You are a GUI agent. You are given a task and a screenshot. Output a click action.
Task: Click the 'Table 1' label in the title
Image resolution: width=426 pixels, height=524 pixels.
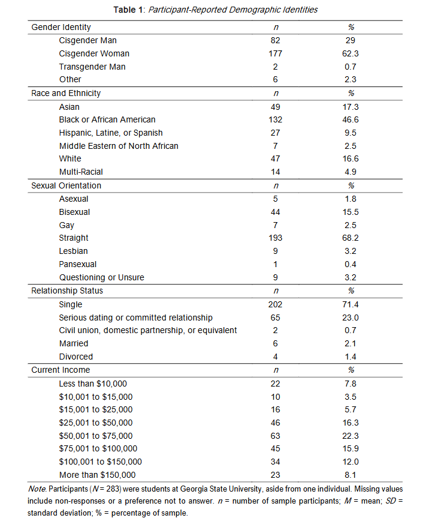tap(127, 10)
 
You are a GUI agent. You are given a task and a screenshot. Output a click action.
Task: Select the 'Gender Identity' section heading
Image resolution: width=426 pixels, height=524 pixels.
tap(61, 27)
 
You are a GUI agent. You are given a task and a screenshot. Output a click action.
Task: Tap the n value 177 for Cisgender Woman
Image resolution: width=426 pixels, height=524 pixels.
tap(276, 53)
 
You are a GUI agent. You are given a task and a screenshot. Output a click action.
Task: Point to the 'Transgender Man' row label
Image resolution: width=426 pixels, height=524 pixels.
tap(92, 67)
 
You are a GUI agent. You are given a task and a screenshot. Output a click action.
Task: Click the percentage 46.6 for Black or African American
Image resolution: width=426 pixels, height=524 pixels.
tap(351, 119)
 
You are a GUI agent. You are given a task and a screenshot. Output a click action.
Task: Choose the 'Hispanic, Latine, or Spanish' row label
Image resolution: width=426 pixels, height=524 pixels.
tap(111, 133)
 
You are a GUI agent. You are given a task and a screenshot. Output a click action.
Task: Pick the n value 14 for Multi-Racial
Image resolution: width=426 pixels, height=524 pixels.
tap(276, 172)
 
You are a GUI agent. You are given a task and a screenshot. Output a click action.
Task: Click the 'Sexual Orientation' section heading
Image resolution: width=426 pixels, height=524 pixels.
tap(67, 185)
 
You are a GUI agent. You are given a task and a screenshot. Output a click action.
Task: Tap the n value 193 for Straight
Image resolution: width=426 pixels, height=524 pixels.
tap(276, 238)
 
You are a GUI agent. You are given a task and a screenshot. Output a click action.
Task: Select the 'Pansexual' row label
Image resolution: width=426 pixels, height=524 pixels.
tap(78, 264)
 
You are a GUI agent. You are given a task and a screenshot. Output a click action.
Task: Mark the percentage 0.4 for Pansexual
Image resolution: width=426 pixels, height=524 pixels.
tap(351, 264)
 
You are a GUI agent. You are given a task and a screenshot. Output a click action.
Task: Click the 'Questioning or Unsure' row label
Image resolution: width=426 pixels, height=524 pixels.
tap(102, 277)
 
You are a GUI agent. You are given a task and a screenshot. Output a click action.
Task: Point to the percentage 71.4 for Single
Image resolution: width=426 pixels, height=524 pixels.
tap(351, 304)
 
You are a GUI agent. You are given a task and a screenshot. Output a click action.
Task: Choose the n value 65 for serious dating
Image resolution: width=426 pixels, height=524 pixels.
tap(276, 318)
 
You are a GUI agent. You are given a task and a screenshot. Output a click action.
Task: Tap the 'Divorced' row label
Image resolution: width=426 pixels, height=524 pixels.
tap(76, 357)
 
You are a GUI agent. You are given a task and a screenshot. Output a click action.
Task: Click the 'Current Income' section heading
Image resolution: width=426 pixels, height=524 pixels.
tap(61, 370)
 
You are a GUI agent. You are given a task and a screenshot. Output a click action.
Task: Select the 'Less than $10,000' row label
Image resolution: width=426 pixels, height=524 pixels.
tap(93, 384)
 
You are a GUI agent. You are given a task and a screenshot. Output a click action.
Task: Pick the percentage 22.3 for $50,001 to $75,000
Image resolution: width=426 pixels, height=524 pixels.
tap(351, 436)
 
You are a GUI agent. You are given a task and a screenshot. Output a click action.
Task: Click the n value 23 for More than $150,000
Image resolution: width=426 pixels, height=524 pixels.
tap(276, 475)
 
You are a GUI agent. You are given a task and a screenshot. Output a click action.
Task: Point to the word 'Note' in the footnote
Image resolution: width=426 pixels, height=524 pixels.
tap(37, 489)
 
